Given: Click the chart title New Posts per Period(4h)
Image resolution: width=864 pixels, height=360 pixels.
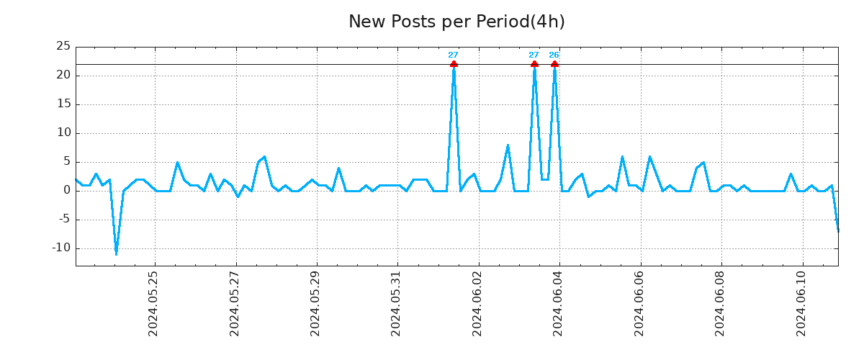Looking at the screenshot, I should pos(456,22).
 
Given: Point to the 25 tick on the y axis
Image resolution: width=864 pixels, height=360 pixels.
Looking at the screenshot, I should pos(63,47).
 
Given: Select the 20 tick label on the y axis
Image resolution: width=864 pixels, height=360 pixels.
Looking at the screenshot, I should pos(63,76).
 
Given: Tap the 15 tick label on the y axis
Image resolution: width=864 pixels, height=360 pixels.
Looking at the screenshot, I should pos(63,104).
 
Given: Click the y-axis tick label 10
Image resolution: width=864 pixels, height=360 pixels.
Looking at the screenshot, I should pos(63,133).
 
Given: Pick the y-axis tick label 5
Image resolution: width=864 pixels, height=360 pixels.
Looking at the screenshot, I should pos(66,162).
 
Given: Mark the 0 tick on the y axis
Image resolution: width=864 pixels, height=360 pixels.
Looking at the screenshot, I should pos(66,191).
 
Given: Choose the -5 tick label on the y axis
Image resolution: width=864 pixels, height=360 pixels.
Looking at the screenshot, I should pos(63,220).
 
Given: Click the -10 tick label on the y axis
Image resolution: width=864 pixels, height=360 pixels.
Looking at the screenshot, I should pos(61,248).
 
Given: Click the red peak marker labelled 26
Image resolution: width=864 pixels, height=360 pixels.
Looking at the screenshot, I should pos(554,64).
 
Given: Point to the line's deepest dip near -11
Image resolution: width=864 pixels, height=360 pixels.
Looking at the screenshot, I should pos(116,254).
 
